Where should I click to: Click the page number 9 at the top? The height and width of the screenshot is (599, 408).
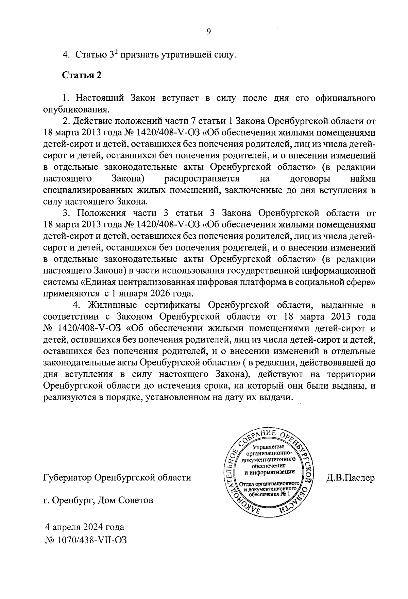(208, 32)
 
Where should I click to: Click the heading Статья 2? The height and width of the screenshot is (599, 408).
(82, 75)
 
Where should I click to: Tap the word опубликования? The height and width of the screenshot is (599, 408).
(76, 109)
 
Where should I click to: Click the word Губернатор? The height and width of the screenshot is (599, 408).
(67, 478)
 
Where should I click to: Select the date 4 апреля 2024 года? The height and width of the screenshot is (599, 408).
(85, 527)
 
